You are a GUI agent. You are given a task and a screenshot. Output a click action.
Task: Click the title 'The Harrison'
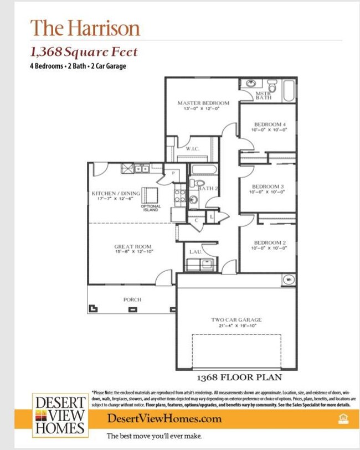click(85, 28)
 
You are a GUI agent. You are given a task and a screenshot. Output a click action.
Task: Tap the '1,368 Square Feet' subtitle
click(84, 53)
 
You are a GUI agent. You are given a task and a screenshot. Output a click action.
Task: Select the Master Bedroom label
click(203, 103)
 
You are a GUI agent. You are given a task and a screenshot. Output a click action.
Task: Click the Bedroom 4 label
click(270, 124)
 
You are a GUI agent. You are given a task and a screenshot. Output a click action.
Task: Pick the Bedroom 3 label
click(268, 187)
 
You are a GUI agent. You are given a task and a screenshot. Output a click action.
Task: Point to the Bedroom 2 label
click(270, 243)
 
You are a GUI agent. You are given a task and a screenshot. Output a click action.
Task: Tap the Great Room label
click(133, 247)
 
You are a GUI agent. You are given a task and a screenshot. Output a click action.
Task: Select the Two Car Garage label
click(236, 320)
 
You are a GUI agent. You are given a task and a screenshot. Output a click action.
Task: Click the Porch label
click(132, 299)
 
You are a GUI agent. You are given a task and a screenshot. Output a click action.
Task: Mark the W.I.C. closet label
click(192, 149)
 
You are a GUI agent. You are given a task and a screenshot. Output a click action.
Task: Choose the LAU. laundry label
click(195, 252)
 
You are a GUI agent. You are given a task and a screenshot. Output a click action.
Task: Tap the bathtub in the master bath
click(289, 91)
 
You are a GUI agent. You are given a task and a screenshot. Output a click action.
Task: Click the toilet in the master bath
click(272, 87)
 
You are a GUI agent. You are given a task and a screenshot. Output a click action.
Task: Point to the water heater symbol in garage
click(289, 280)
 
